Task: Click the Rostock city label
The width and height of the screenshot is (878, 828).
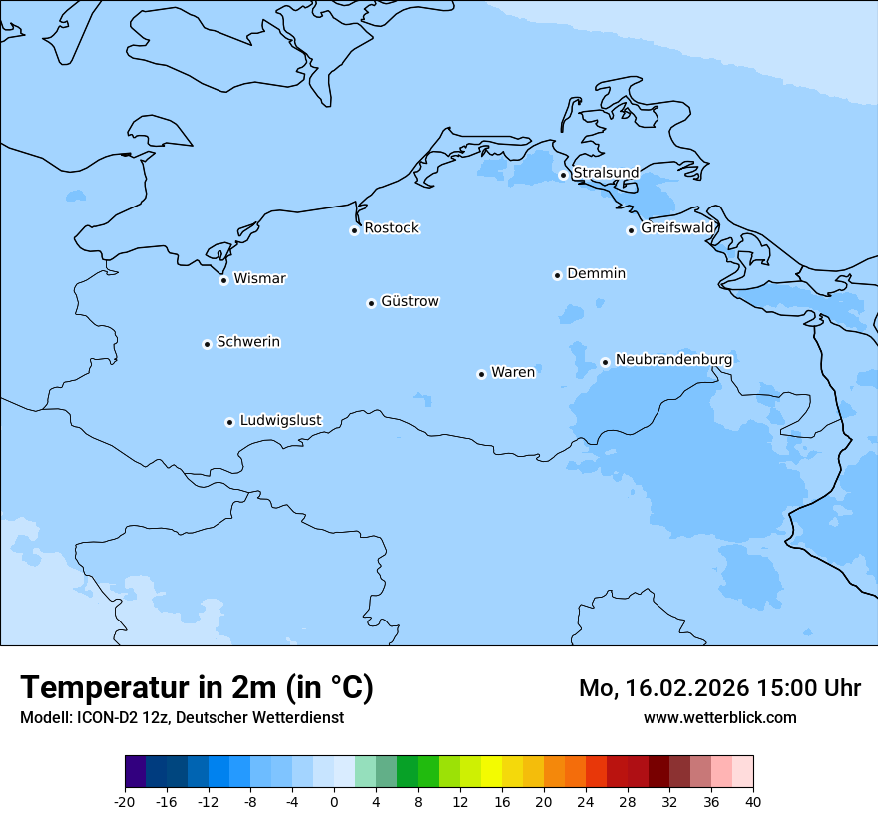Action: pyautogui.click(x=391, y=228)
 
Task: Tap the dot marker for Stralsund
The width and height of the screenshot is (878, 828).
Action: pyautogui.click(x=563, y=175)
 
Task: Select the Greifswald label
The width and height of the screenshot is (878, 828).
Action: pyautogui.click(x=677, y=228)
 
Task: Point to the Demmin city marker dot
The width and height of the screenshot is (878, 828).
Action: pyautogui.click(x=557, y=275)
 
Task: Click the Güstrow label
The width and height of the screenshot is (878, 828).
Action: pyautogui.click(x=409, y=301)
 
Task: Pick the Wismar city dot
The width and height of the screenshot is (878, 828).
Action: pyautogui.click(x=224, y=280)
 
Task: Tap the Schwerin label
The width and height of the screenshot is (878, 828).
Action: pyautogui.click(x=248, y=342)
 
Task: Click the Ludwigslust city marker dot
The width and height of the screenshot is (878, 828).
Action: pyautogui.click(x=229, y=422)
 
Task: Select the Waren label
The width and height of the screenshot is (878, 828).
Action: pyautogui.click(x=513, y=372)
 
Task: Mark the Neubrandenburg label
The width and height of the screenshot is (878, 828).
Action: pyautogui.click(x=673, y=359)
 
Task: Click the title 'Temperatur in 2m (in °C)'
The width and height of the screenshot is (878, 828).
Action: pyautogui.click(x=197, y=687)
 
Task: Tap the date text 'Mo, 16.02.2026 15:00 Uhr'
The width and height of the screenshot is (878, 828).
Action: pyautogui.click(x=719, y=688)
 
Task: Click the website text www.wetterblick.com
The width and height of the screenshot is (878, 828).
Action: pyautogui.click(x=719, y=717)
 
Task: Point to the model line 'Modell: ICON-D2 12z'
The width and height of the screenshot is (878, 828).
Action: pyautogui.click(x=182, y=717)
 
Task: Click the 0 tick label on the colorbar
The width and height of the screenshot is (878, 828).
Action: pyautogui.click(x=334, y=802)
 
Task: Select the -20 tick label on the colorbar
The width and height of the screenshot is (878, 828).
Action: pyautogui.click(x=125, y=802)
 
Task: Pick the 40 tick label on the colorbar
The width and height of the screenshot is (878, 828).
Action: pyautogui.click(x=753, y=802)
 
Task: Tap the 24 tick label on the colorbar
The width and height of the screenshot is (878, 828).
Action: pyautogui.click(x=586, y=802)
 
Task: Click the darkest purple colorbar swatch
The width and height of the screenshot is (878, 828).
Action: pyautogui.click(x=135, y=772)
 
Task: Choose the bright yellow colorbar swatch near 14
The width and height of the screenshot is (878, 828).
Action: pyautogui.click(x=491, y=772)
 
